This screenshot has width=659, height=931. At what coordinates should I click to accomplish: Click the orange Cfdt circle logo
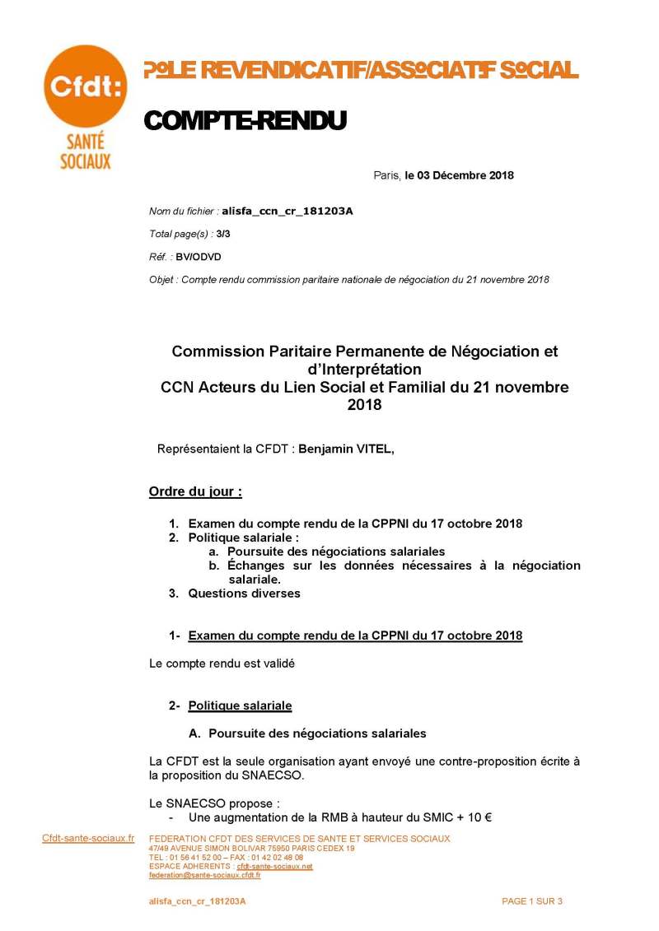(x=85, y=86)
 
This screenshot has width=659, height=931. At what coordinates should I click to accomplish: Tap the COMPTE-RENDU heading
(x=245, y=121)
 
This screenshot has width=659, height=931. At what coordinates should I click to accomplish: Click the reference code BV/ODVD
(x=199, y=257)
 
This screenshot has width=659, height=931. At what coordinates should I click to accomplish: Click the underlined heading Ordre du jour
(x=195, y=492)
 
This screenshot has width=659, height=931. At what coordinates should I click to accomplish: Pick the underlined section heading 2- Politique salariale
(x=240, y=705)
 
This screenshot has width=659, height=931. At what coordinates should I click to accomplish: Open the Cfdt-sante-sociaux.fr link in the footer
(x=88, y=838)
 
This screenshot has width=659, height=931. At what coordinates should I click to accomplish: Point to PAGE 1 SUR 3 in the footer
(x=532, y=901)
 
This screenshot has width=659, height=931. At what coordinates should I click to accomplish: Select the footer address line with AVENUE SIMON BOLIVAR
(x=252, y=848)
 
